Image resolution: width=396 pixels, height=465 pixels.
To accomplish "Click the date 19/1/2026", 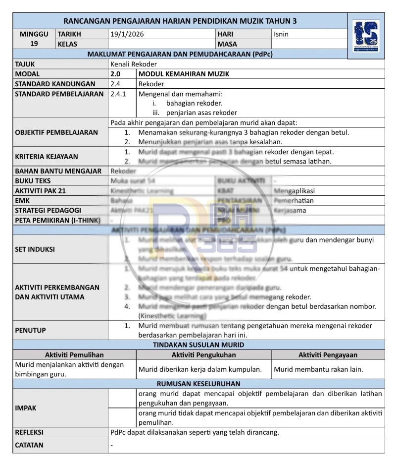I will click(x=127, y=34).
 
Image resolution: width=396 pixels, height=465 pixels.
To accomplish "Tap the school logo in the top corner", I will click(x=367, y=38).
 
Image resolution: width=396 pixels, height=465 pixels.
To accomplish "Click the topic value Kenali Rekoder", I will click(x=134, y=64).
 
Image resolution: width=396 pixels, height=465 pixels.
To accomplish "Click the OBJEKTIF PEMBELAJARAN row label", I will click(x=56, y=132).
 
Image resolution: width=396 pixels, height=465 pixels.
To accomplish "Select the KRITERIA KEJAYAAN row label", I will click(x=47, y=156).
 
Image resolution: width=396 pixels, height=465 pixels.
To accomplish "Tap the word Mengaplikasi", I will click(x=294, y=191).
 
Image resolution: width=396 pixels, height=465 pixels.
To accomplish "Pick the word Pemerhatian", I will click(x=294, y=201).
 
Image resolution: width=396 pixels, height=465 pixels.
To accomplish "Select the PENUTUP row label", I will click(x=30, y=330).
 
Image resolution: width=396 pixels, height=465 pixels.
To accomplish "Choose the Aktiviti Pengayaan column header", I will click(x=328, y=355).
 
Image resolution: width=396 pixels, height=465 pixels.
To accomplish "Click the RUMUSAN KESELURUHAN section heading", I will click(x=198, y=384).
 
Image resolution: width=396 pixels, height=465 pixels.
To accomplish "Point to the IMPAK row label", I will click(x=26, y=408).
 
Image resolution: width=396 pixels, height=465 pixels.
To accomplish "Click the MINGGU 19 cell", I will click(x=34, y=39).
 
